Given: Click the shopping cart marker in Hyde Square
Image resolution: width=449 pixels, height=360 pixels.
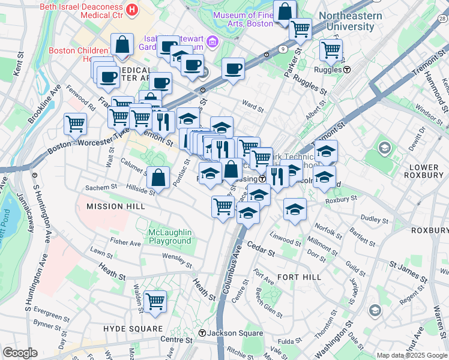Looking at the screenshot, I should point(155,301).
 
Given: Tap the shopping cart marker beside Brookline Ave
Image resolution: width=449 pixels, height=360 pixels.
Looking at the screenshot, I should point(75,124).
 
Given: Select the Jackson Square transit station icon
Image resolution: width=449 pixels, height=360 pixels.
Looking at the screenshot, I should point(203,333).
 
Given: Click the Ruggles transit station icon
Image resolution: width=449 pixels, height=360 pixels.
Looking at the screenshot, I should point(347,69).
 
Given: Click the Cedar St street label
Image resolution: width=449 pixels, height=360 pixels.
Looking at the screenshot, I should point(260,247).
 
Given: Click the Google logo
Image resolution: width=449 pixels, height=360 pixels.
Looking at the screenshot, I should point(20,353).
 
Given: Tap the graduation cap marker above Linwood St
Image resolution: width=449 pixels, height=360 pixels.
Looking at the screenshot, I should point(295,209).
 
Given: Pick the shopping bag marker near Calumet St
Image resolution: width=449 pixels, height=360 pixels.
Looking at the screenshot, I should point(158,177).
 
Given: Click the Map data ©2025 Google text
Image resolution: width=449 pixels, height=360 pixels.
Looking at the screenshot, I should point(411,355).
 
